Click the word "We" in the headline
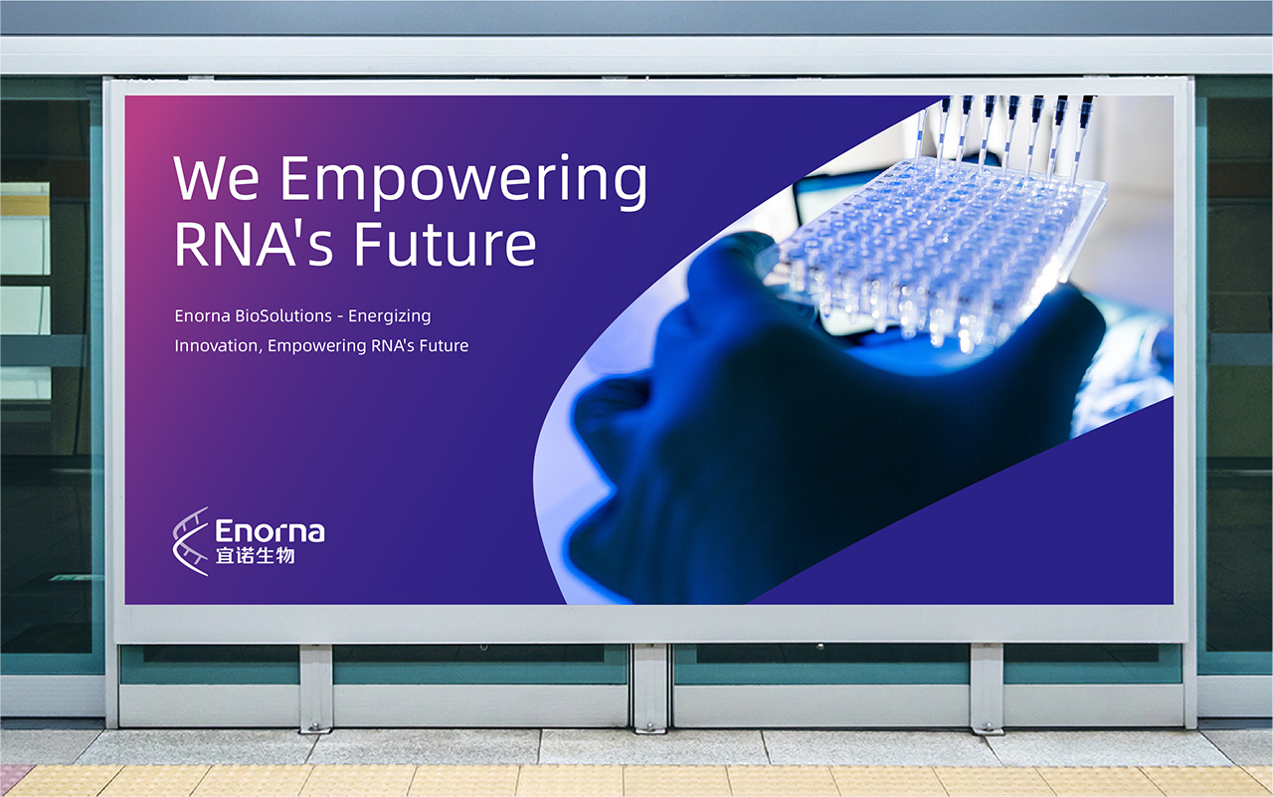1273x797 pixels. (x=217, y=178)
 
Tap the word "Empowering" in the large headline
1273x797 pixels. (x=463, y=182)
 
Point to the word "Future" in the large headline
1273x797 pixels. (x=445, y=245)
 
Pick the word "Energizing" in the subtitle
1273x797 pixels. (x=389, y=316)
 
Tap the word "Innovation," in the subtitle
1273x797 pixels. (x=219, y=345)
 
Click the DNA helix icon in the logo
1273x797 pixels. (x=190, y=541)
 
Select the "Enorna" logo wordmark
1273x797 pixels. (x=270, y=531)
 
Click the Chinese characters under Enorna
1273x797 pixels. (x=256, y=555)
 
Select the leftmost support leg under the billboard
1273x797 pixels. (x=316, y=688)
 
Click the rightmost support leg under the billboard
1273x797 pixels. (x=987, y=689)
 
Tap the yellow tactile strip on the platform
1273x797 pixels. (x=636, y=780)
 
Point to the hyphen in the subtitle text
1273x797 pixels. (x=340, y=316)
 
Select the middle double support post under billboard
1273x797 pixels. (x=651, y=688)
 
